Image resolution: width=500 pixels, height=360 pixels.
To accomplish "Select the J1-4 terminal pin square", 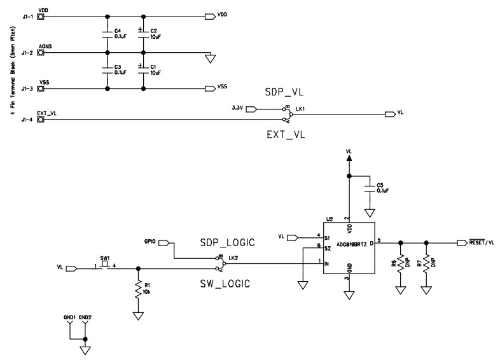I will (41, 119).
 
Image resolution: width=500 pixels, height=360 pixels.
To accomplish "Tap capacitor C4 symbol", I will (107, 34).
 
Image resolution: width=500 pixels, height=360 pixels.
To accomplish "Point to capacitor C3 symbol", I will (107, 70).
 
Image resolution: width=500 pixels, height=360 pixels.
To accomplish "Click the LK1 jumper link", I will (287, 114).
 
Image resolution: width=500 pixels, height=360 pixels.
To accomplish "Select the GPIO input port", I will (163, 242).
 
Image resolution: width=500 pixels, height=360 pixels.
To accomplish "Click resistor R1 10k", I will (137, 290).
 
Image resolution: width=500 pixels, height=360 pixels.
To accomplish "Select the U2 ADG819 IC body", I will (347, 248).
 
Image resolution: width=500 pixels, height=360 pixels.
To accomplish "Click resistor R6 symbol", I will (400, 265).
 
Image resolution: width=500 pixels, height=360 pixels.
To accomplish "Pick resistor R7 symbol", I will (426, 265).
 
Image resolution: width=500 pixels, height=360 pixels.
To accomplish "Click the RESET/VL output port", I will (463, 242).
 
